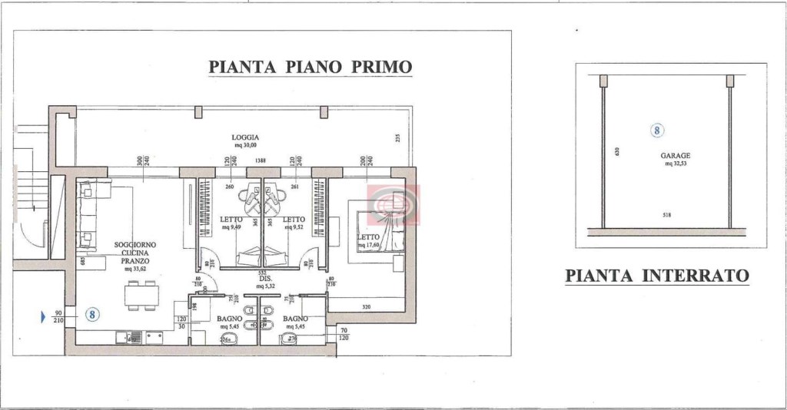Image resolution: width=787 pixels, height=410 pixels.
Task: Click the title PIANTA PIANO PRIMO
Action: (310, 67)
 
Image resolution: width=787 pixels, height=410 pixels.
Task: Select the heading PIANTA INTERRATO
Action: (656, 276)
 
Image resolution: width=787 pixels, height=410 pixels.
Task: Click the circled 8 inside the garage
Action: (657, 131)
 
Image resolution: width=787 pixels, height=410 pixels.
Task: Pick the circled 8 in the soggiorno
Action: (91, 314)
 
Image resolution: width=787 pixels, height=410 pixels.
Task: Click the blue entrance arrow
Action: (43, 315)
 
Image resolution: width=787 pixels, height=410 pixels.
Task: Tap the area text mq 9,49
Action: (231, 227)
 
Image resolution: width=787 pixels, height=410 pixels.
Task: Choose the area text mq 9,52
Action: (294, 227)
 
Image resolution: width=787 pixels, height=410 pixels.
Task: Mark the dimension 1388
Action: (261, 160)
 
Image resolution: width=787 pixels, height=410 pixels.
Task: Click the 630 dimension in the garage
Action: (617, 151)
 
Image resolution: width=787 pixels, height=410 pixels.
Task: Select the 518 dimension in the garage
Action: (666, 215)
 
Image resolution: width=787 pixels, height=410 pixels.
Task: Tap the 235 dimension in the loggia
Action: (398, 139)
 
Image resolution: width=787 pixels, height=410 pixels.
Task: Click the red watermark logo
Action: (393, 204)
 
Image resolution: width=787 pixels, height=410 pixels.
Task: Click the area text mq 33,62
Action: (131, 269)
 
